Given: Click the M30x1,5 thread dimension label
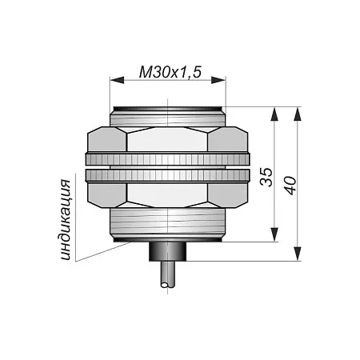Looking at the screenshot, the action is [170, 72].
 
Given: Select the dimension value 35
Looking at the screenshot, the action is [266, 177].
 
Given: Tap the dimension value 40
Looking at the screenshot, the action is [290, 186].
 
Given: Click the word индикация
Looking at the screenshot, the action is [66, 220].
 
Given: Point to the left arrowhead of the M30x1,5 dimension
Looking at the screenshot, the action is [117, 80].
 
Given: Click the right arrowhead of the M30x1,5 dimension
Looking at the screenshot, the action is [218, 80].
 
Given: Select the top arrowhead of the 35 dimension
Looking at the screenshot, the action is [274, 114].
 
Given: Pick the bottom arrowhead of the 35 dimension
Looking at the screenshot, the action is [274, 234].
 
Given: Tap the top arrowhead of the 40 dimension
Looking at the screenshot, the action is [298, 114].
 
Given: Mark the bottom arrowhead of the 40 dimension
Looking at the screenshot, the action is [298, 254].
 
